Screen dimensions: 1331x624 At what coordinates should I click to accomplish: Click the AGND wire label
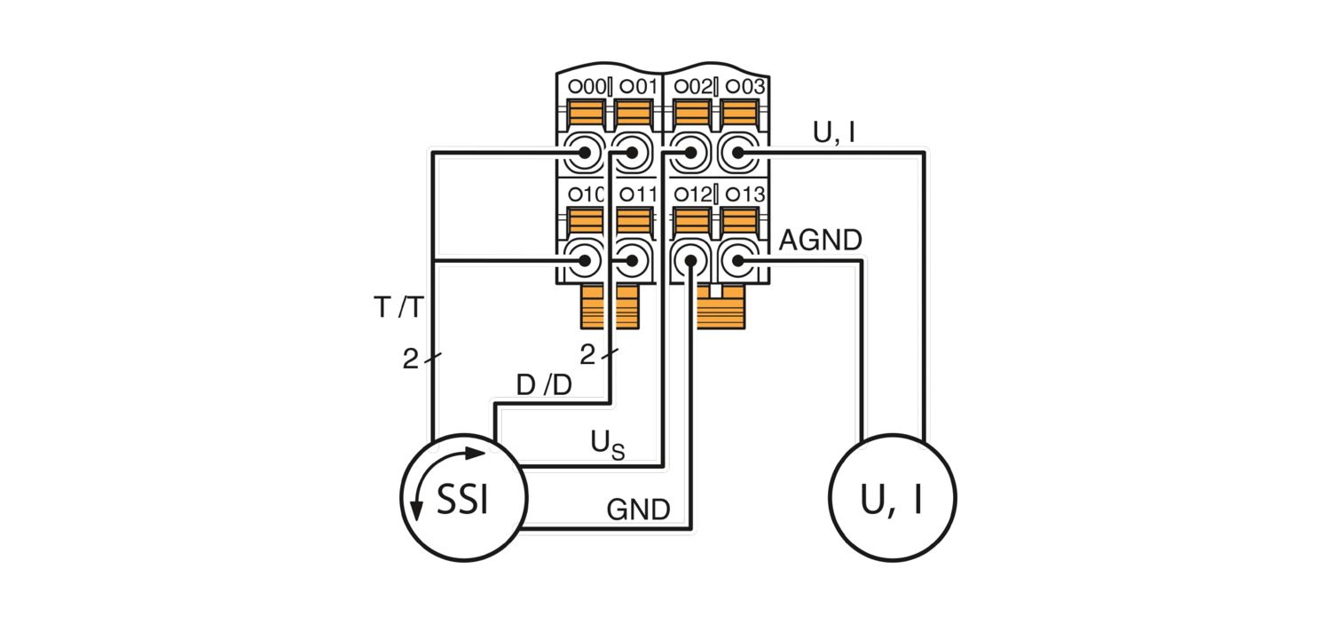(821, 240)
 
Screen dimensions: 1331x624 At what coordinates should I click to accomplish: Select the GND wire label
(638, 509)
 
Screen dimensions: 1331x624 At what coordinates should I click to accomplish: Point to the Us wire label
(607, 445)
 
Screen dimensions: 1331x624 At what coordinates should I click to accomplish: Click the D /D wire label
(544, 385)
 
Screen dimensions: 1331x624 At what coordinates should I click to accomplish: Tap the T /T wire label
(398, 307)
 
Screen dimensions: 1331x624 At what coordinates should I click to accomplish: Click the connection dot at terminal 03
(737, 153)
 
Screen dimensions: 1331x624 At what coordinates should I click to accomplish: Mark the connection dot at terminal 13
(737, 260)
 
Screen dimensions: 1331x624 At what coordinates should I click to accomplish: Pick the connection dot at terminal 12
(690, 260)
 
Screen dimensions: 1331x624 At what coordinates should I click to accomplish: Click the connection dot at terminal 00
(585, 153)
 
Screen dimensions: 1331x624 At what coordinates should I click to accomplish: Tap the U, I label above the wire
(834, 132)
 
